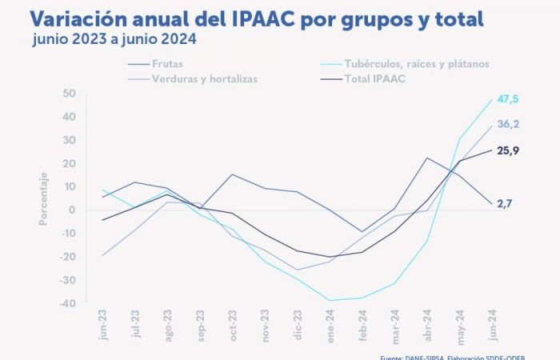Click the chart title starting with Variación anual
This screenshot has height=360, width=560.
(x=255, y=18)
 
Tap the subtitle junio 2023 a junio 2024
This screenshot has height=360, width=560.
(x=117, y=38)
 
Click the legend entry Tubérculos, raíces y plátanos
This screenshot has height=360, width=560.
(x=415, y=62)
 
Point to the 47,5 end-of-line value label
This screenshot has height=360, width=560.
(x=507, y=98)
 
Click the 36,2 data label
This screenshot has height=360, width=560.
(x=507, y=124)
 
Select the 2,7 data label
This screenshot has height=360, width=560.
(x=503, y=204)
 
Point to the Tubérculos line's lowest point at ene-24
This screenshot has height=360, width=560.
(x=329, y=301)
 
